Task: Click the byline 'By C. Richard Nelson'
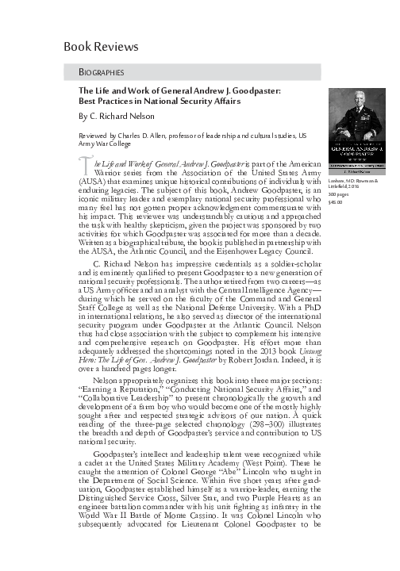[x=122, y=116]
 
